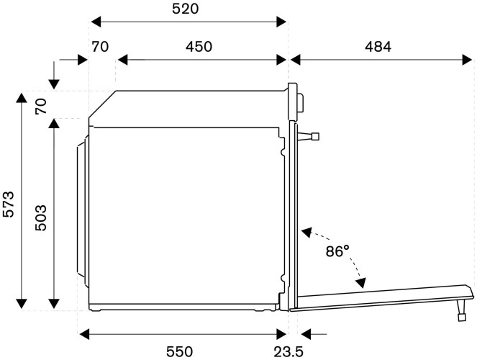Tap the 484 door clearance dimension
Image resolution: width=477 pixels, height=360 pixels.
pyautogui.click(x=376, y=47)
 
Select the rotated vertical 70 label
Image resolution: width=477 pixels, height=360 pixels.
pyautogui.click(x=41, y=107)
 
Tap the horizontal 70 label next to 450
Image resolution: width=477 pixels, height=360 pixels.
pyautogui.click(x=100, y=47)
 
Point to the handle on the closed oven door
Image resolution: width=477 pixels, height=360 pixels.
pyautogui.click(x=311, y=135)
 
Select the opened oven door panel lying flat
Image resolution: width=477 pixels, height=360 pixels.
pyautogui.click(x=381, y=297)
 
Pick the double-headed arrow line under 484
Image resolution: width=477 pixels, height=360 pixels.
pyautogui.click(x=376, y=60)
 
